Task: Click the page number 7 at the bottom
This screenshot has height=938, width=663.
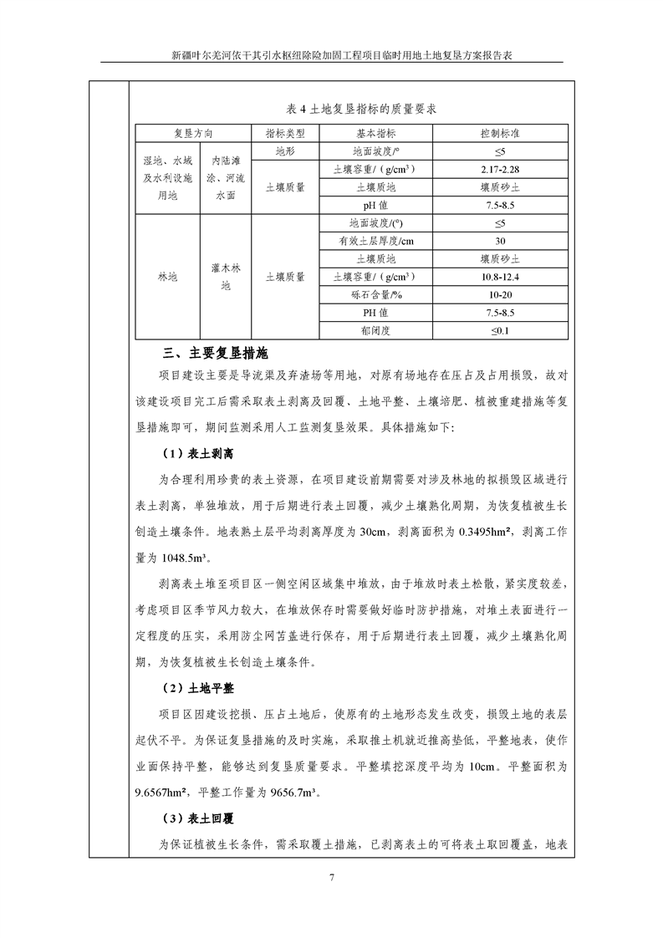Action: click(332, 878)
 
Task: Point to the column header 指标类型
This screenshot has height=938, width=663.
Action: click(284, 134)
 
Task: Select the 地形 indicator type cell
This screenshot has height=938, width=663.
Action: click(284, 151)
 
